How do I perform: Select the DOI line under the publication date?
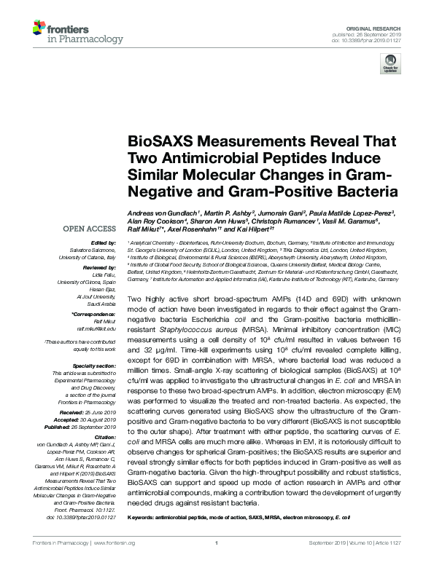click(373, 40)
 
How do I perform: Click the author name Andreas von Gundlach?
click(163, 213)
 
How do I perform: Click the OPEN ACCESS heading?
click(90, 229)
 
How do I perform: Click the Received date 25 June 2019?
click(98, 413)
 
